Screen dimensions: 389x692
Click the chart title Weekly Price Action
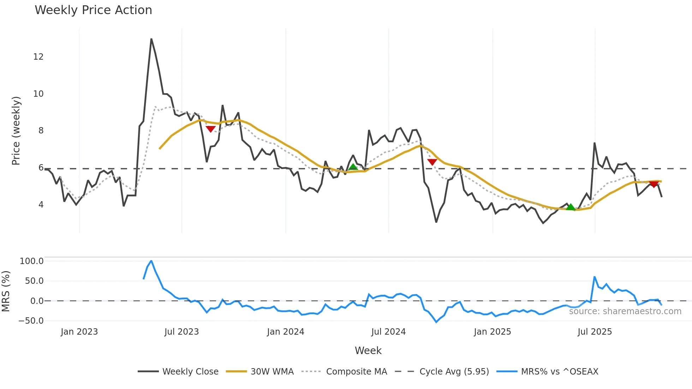click(93, 10)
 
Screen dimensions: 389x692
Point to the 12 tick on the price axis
click(38, 57)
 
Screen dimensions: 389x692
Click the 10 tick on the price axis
click(38, 94)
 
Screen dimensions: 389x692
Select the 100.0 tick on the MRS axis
click(32, 261)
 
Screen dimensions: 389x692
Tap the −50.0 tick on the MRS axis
click(31, 321)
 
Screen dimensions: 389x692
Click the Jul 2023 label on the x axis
click(181, 332)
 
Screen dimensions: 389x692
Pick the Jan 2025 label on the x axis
click(492, 332)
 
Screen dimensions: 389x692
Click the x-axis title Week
click(368, 351)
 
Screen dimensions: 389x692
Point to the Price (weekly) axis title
click(16, 131)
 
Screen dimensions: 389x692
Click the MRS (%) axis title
click(6, 291)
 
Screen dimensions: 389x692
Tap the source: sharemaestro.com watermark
click(625, 311)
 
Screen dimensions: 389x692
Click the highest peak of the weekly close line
click(151, 39)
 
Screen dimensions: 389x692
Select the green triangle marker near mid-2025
click(571, 207)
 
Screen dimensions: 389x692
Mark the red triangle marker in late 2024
click(432, 162)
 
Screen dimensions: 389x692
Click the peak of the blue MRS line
click(151, 261)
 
